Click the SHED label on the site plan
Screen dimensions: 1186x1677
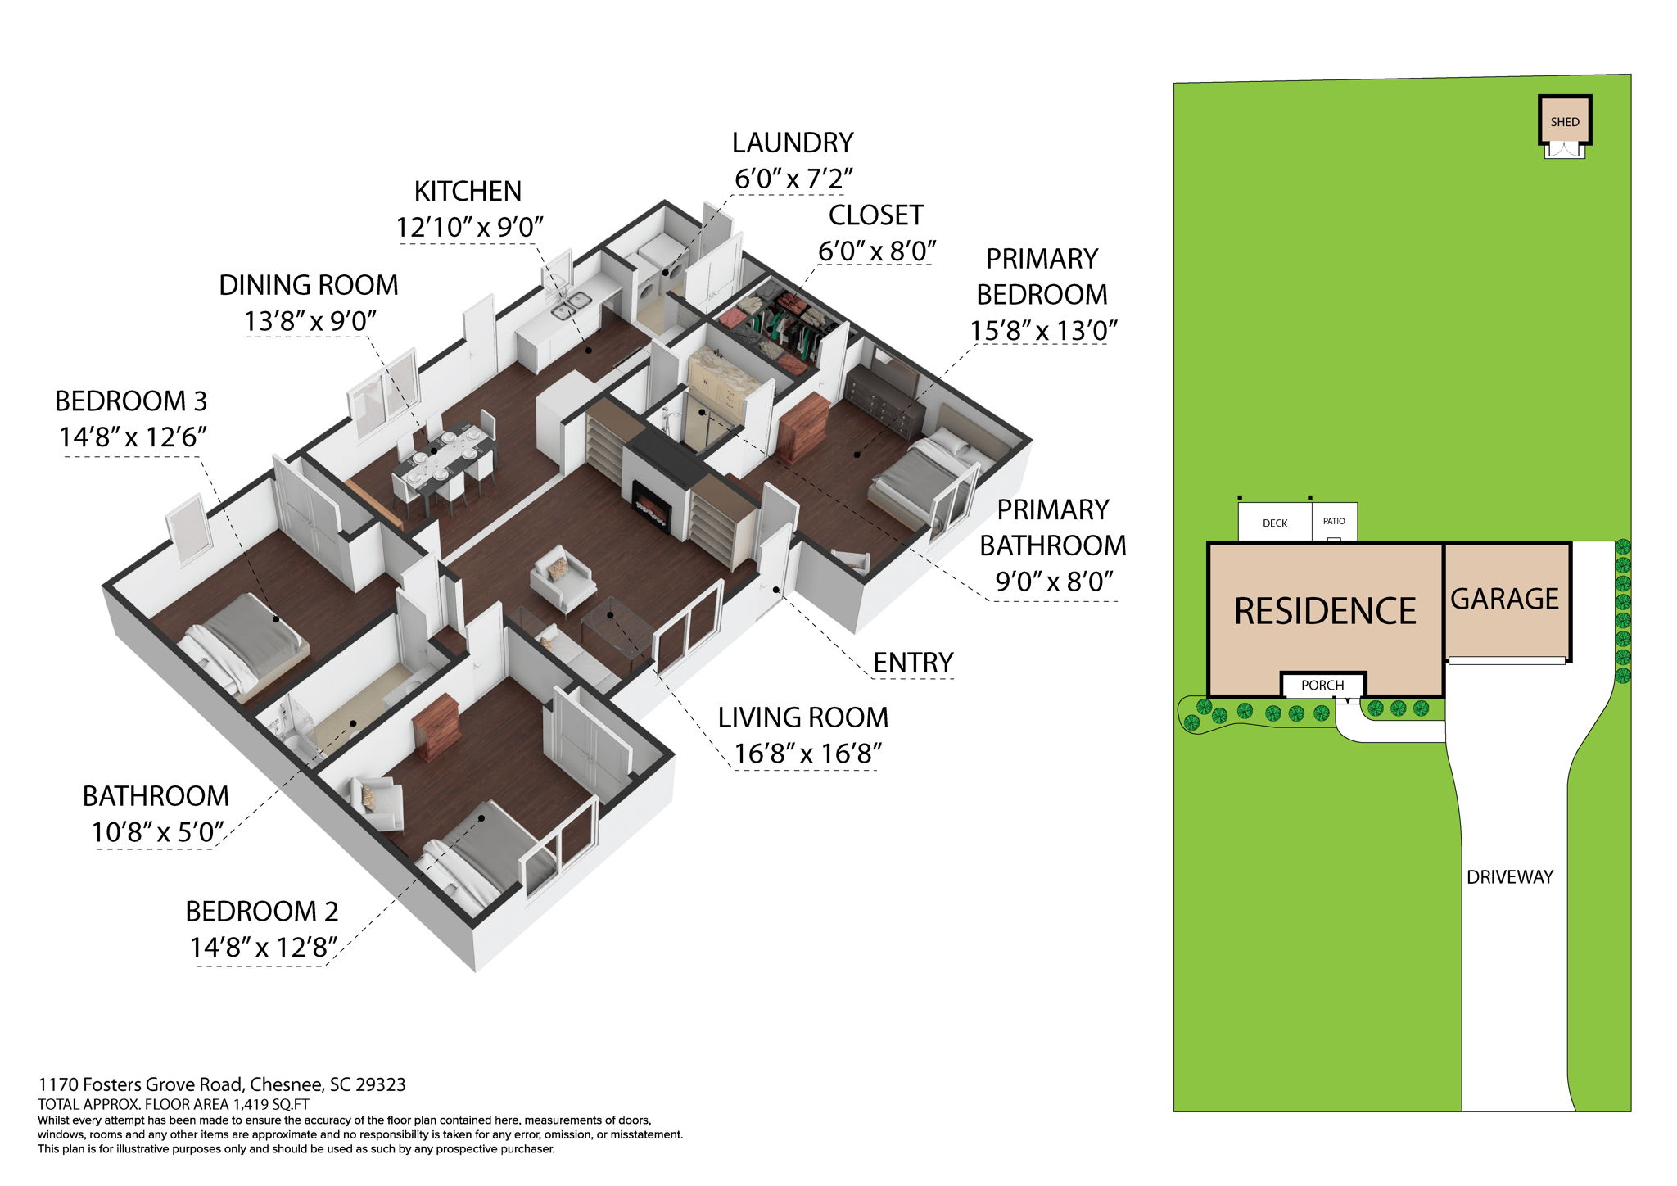point(1564,122)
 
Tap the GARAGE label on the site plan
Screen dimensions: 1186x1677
point(1504,599)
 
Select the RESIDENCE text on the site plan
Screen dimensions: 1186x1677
point(1324,611)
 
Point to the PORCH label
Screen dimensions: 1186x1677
point(1322,685)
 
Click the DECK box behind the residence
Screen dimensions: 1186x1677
point(1274,523)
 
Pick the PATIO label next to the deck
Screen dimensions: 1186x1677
point(1334,521)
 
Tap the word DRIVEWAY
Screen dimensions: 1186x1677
point(1509,876)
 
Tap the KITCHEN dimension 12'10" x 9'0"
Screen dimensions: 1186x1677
point(469,227)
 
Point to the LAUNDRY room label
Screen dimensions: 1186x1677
point(792,143)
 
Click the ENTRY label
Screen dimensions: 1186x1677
point(912,662)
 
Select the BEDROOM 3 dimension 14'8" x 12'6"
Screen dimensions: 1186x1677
point(132,437)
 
